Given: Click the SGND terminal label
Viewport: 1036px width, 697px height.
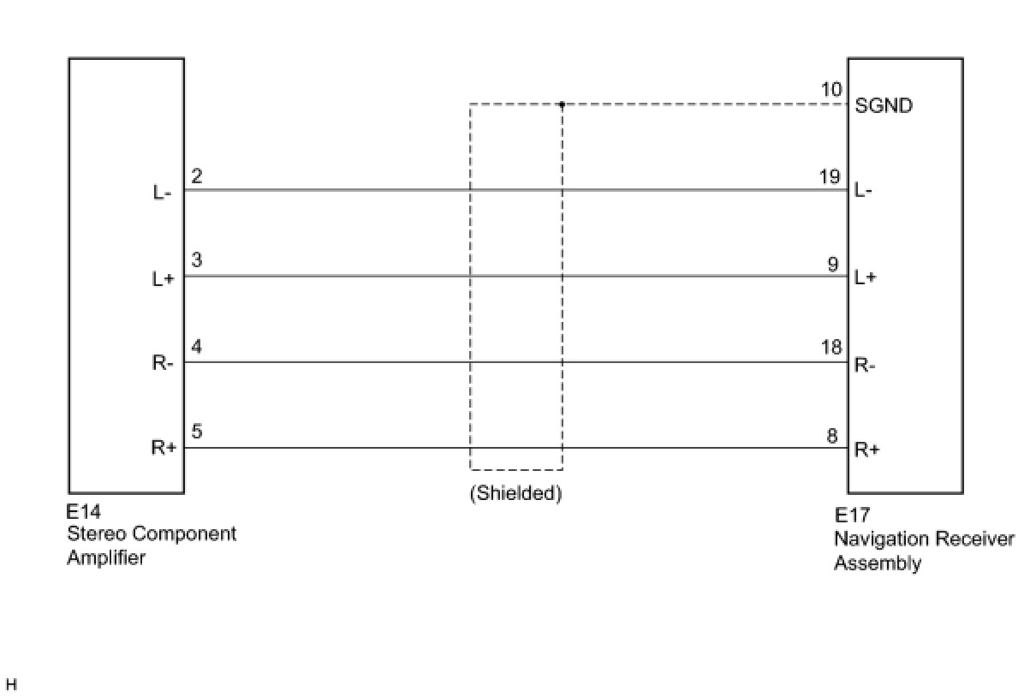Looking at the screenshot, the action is [884, 106].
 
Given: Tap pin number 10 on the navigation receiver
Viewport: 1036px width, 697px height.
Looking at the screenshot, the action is [831, 91].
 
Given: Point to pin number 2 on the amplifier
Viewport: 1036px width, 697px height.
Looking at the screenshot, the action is [197, 176].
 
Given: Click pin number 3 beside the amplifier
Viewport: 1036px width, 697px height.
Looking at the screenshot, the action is [197, 260].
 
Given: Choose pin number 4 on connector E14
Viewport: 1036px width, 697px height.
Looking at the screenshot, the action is [197, 347].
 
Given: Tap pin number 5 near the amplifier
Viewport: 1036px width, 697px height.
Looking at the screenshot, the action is [197, 432].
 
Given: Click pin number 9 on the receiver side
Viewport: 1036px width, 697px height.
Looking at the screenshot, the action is [833, 264].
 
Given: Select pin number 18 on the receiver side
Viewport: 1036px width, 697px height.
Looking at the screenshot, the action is [831, 348].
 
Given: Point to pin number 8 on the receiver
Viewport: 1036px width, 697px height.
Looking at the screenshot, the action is [833, 435].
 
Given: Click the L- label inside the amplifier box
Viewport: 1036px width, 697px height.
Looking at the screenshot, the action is [163, 193].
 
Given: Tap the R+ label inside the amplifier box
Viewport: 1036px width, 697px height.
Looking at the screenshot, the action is [164, 448].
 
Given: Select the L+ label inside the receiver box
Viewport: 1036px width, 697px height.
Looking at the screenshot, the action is [866, 277].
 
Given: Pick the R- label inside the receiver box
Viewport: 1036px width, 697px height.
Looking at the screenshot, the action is [865, 366].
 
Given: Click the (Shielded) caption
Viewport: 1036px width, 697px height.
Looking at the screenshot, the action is [515, 494].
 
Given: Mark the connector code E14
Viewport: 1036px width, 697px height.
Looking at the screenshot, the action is [83, 512].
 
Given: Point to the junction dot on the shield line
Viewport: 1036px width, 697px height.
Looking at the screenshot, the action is [562, 104].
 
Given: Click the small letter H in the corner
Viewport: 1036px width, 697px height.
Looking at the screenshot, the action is [11, 685].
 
